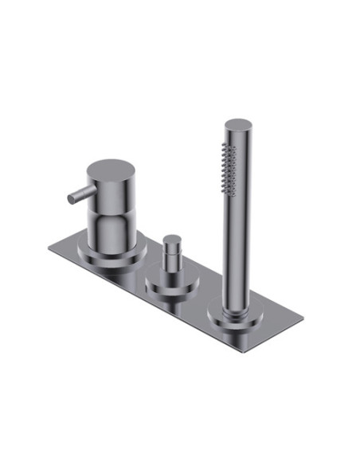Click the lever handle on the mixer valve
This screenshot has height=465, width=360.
click(x=80, y=193)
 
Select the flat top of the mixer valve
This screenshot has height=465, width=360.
click(x=110, y=170)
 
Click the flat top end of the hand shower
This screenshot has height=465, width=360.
click(x=237, y=126)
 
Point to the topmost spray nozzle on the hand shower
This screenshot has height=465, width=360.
click(x=232, y=145)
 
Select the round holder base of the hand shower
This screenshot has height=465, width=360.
click(x=236, y=322)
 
